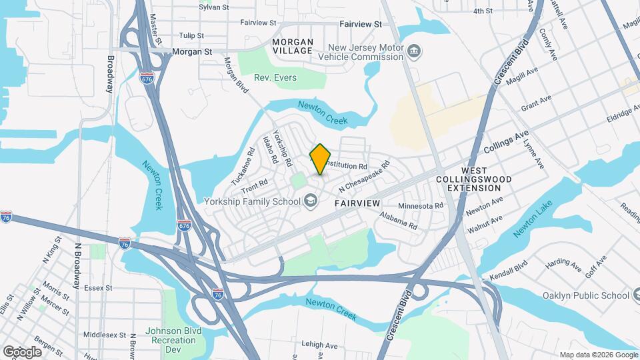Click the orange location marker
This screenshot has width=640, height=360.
click(x=321, y=159)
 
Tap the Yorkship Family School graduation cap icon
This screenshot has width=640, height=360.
click(x=310, y=200)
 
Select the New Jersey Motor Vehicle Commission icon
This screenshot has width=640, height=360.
click(x=414, y=51)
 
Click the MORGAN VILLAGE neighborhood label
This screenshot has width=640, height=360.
click(x=293, y=46)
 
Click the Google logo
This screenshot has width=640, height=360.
click(x=22, y=351)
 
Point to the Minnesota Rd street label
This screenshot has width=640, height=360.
click(x=420, y=205)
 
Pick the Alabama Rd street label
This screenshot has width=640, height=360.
click(x=399, y=221)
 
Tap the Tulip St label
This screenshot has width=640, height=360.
click(x=190, y=35)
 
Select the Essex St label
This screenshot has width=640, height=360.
click(x=98, y=288)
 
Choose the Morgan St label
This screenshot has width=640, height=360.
click(x=191, y=51)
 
